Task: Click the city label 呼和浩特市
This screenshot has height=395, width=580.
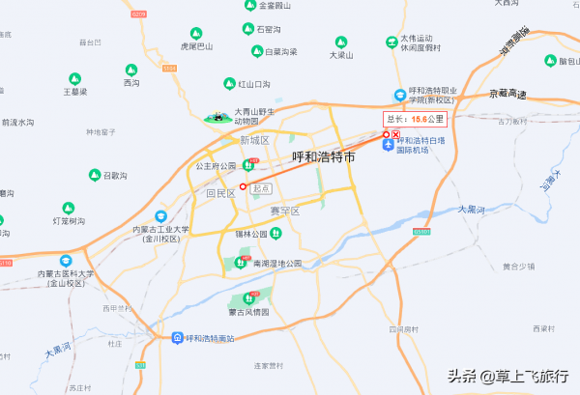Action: click(x=323, y=156)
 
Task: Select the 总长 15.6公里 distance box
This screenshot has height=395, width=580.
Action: click(x=416, y=120)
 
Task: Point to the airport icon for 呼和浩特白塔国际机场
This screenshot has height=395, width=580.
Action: click(x=388, y=146)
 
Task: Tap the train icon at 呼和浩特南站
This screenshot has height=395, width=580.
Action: click(x=177, y=338)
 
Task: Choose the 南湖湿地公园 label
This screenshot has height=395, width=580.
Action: click(x=277, y=263)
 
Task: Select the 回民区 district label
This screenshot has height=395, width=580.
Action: click(x=220, y=193)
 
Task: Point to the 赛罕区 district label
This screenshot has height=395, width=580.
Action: click(x=285, y=211)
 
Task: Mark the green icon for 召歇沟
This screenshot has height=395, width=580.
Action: click(x=95, y=176)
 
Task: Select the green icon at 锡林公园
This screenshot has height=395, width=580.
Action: click(x=275, y=233)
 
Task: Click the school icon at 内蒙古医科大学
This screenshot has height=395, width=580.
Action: click(x=67, y=261)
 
